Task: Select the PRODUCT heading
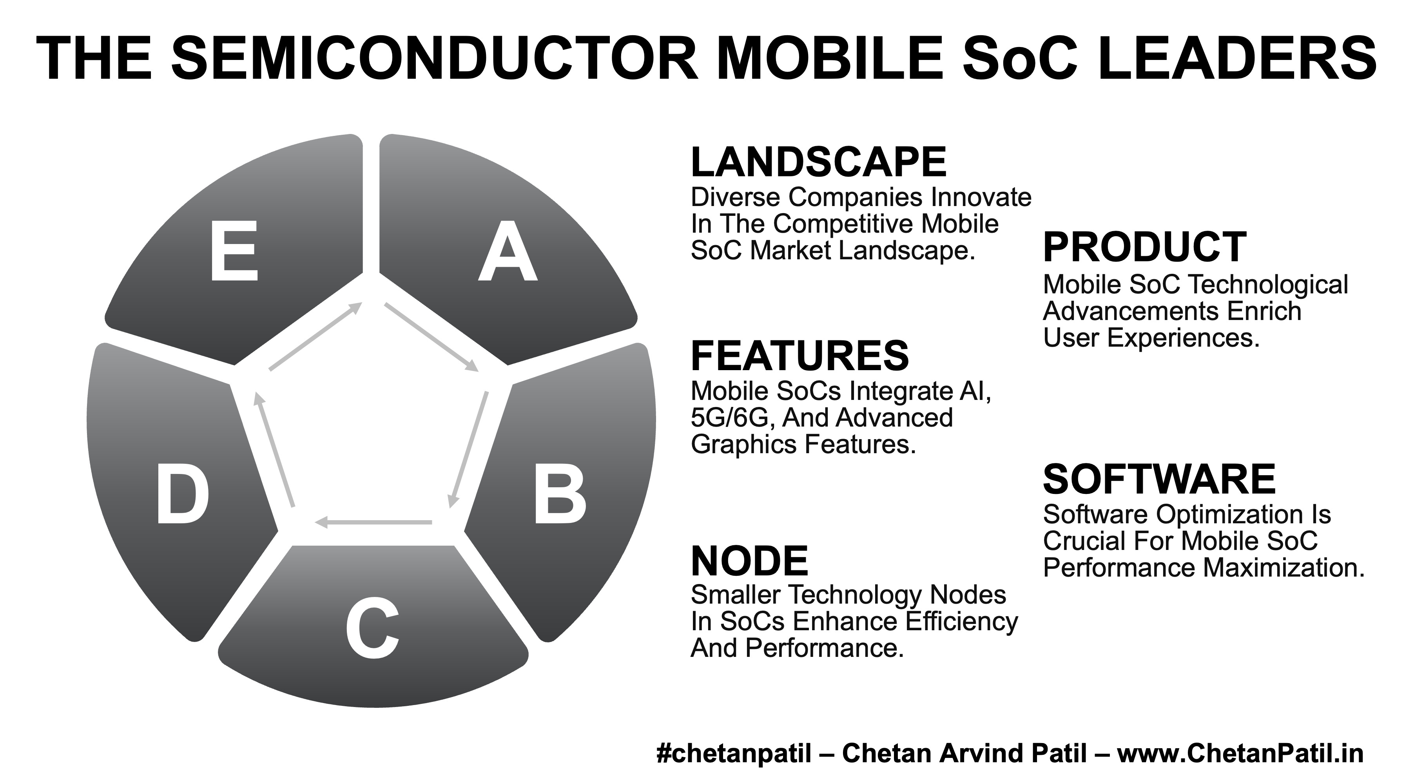coord(1144,248)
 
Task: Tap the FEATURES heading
coord(800,355)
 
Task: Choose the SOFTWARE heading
coord(1159,479)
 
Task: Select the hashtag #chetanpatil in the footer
coord(733,754)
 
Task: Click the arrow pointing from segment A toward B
coord(431,337)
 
